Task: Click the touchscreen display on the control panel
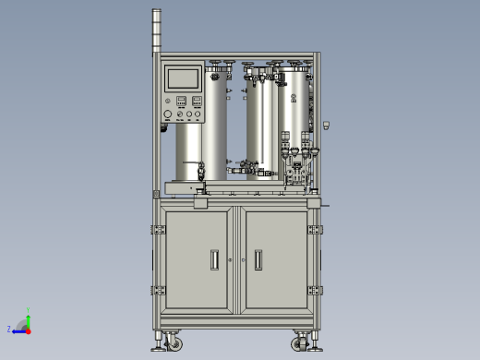pos(183,78)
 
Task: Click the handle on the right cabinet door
pos(258,260)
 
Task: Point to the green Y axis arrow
pos(28,319)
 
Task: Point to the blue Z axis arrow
pos(18,329)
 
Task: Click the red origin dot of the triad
pos(28,329)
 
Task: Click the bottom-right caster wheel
pos(301,344)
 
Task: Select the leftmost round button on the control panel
pos(167,115)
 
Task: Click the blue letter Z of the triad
pos(9,329)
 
